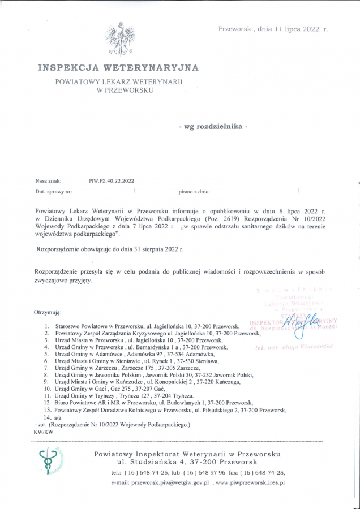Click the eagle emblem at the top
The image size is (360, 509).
tap(119, 38)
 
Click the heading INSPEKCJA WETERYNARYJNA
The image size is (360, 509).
tap(118, 68)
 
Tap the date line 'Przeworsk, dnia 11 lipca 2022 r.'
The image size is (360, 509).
tap(273, 28)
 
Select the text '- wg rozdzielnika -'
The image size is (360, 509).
tap(213, 127)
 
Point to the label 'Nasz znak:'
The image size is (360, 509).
tap(48, 181)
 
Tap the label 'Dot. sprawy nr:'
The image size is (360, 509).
tap(54, 192)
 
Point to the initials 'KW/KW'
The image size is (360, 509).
tap(44, 432)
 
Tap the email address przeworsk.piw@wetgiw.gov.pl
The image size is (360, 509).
tap(170, 483)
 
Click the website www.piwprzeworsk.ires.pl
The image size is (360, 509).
tap(251, 483)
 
